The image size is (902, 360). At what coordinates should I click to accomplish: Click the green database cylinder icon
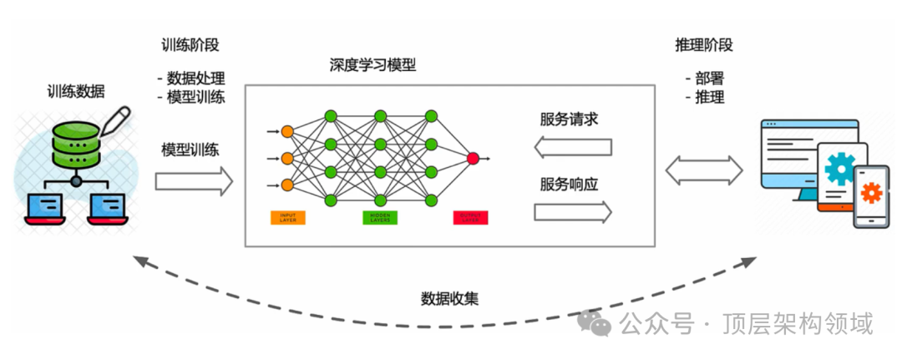click(x=76, y=145)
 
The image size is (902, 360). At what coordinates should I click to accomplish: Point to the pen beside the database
click(x=116, y=120)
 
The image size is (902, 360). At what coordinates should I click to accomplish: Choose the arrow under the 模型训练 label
click(x=194, y=180)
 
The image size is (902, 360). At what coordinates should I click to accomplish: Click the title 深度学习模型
click(x=372, y=64)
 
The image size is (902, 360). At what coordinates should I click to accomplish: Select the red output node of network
click(x=474, y=157)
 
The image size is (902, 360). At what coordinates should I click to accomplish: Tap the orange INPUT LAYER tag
click(x=287, y=218)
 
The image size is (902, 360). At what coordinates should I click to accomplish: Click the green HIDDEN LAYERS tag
click(x=380, y=218)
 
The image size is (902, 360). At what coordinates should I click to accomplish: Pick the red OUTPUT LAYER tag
click(x=471, y=218)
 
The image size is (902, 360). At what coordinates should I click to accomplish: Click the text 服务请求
click(x=569, y=119)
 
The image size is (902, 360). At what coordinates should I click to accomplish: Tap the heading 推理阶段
click(x=704, y=44)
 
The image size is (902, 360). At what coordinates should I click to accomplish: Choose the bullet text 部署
click(x=709, y=79)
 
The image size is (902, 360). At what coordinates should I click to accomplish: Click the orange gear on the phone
click(x=871, y=194)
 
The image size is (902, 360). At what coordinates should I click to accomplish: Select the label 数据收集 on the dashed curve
click(x=449, y=298)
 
